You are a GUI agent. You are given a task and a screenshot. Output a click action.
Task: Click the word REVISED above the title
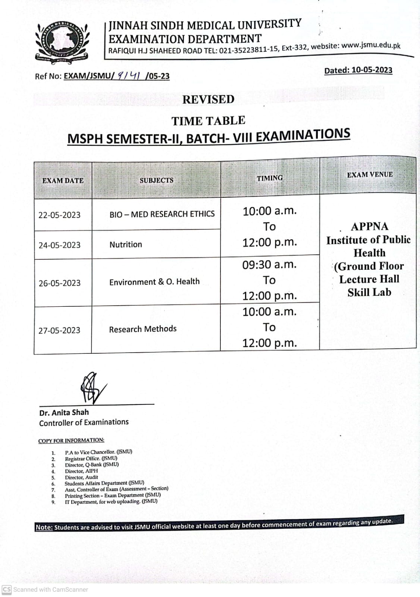click(208, 99)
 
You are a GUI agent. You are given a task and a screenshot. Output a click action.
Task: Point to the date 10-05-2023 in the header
click(372, 70)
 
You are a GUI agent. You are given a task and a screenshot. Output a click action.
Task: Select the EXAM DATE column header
click(63, 181)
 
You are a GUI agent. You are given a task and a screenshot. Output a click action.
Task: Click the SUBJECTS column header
click(156, 180)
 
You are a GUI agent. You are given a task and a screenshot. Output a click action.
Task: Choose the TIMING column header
click(269, 178)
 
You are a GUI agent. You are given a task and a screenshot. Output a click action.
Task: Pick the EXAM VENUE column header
click(370, 175)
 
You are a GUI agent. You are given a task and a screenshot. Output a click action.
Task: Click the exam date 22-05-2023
click(59, 215)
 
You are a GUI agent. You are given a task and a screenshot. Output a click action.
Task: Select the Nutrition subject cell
click(126, 245)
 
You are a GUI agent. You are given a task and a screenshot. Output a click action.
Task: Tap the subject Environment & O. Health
click(154, 282)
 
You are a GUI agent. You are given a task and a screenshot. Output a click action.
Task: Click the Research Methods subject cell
click(143, 329)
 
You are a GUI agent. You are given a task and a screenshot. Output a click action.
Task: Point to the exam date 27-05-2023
click(59, 331)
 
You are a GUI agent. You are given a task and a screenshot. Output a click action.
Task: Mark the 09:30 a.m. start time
click(269, 265)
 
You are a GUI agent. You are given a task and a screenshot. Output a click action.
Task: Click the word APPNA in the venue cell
click(369, 226)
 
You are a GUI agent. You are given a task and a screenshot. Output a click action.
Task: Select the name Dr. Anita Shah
click(64, 413)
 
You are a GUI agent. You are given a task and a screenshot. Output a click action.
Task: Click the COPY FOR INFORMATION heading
click(71, 441)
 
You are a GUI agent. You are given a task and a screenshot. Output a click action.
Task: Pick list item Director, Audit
click(81, 477)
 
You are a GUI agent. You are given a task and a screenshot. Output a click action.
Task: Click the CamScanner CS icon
click(7, 590)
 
